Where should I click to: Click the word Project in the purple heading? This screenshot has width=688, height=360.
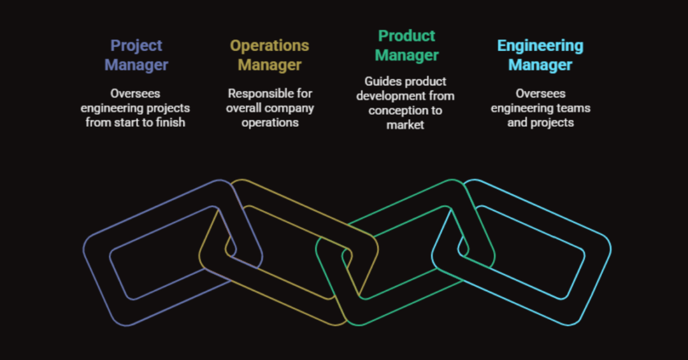[x=136, y=46]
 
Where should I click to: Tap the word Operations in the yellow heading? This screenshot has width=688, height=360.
[x=269, y=46]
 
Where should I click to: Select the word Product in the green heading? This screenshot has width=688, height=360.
[x=406, y=36]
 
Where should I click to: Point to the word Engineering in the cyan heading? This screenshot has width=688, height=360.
[x=540, y=46]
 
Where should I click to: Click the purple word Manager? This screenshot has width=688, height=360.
[x=136, y=65]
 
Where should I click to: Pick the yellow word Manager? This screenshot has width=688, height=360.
[x=269, y=65]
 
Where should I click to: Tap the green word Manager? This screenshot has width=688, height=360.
[x=406, y=55]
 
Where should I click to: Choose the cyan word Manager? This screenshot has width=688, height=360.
[x=540, y=65]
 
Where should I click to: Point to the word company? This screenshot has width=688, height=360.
[x=290, y=108]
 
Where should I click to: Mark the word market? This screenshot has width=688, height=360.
[x=405, y=125]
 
